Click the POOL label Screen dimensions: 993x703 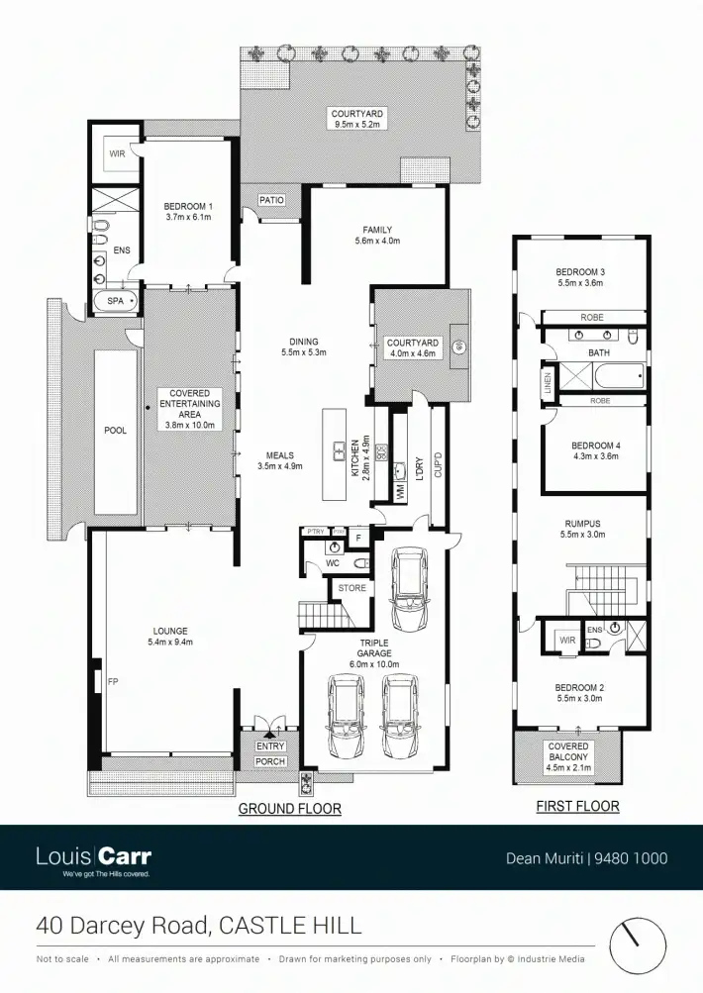point(115,432)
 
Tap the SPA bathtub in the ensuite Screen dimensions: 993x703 point(115,300)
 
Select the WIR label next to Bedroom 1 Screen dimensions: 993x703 point(117,154)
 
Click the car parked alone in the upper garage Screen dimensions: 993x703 point(409,590)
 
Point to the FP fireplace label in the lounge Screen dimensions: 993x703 point(98,682)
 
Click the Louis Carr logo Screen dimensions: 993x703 point(93,857)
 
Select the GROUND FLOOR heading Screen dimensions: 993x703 point(289,809)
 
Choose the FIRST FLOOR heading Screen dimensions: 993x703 point(577,806)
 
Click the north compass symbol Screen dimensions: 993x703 point(637,944)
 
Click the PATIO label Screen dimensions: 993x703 point(271,200)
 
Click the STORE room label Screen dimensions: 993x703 point(352,588)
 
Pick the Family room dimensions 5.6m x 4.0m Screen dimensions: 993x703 point(378,242)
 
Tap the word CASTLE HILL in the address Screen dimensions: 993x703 point(290,927)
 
